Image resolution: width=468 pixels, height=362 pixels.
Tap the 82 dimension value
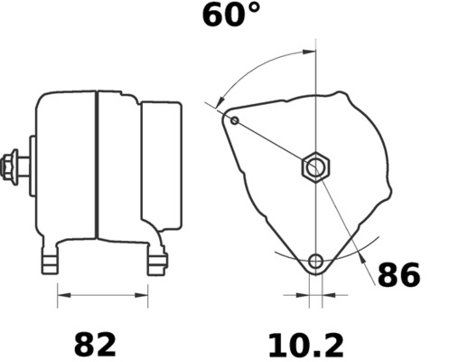95,344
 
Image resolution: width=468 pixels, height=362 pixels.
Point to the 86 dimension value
398,275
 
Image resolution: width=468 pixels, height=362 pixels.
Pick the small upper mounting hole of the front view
235,120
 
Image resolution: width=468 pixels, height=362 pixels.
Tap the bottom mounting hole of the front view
315,262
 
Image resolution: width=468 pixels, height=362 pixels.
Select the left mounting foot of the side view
51,262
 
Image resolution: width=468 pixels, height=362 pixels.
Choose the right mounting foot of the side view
157,262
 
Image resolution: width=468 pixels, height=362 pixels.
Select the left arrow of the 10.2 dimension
303,294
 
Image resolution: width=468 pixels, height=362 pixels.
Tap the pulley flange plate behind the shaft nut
32,167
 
